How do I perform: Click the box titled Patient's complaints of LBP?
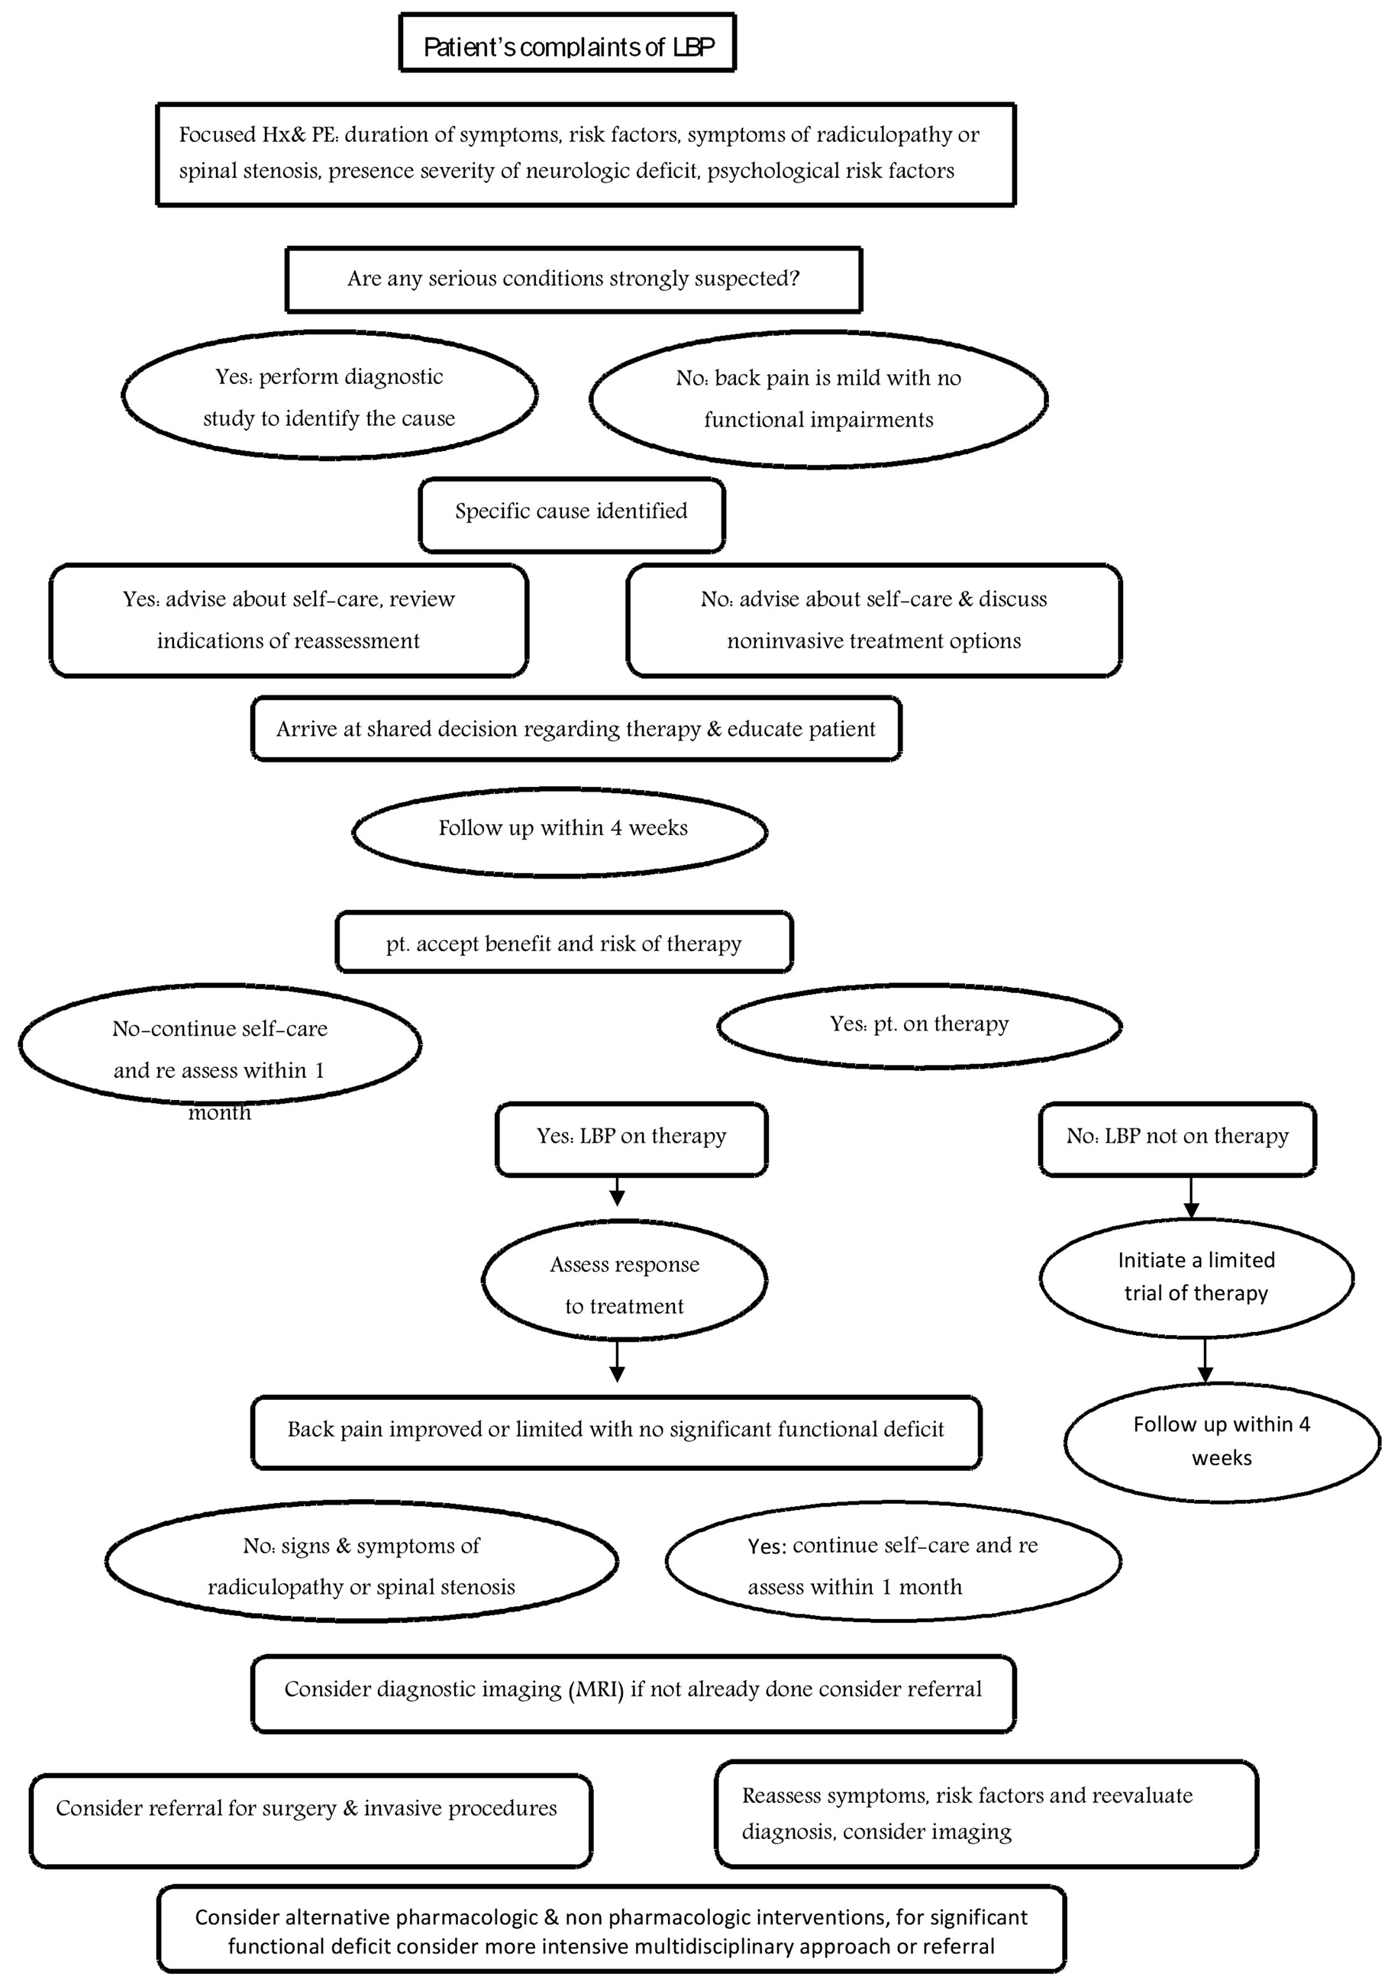(x=567, y=43)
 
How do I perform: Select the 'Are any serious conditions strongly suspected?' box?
(x=573, y=279)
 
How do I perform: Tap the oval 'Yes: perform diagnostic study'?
(x=329, y=395)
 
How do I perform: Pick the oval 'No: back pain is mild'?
(x=818, y=399)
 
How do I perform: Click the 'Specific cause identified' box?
(x=572, y=515)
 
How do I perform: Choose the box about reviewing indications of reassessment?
(x=289, y=620)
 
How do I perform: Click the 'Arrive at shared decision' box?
(x=576, y=729)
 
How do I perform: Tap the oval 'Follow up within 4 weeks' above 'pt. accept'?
(x=560, y=831)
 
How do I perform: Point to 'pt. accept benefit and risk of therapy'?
(x=564, y=942)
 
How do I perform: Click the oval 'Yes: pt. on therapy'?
(x=919, y=1026)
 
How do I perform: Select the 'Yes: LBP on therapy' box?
(x=632, y=1139)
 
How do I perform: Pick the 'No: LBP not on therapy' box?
(x=1177, y=1139)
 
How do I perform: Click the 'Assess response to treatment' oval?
(x=625, y=1280)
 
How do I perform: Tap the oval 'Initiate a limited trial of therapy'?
(x=1197, y=1278)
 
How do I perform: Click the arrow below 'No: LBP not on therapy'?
(x=1191, y=1197)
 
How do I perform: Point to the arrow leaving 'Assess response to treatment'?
(x=617, y=1361)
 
